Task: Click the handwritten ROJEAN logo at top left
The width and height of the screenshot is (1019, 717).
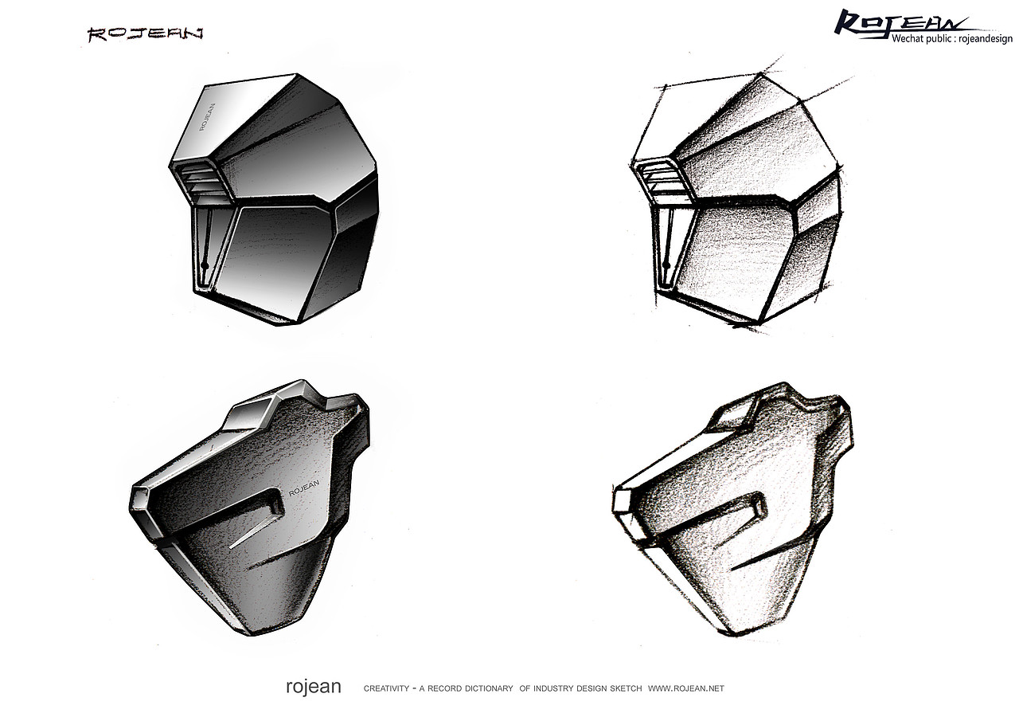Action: coord(145,34)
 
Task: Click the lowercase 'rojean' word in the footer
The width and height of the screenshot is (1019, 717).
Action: coord(314,687)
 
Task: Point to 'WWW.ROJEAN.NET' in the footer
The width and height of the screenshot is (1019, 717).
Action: coord(686,689)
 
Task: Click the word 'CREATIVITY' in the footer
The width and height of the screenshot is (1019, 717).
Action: coord(386,689)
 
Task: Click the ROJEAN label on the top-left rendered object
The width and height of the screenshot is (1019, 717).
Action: coord(208,119)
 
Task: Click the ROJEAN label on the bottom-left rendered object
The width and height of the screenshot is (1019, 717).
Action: coord(304,488)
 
